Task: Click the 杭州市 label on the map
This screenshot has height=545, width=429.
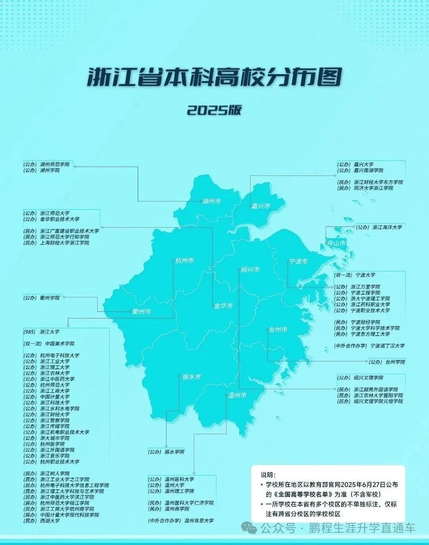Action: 185,261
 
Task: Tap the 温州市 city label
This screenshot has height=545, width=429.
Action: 237,395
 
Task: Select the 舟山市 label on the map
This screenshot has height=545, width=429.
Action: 336,243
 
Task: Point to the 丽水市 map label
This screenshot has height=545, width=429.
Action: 191,377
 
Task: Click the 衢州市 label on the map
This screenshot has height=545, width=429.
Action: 142,312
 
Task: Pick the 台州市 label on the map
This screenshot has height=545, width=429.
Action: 278,329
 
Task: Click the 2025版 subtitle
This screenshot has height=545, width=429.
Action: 214,110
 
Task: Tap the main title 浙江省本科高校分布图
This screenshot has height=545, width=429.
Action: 214,77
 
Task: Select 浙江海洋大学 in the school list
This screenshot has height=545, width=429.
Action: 387,227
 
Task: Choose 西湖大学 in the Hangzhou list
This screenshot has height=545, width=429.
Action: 50,520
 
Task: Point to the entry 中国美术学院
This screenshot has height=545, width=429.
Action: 60,343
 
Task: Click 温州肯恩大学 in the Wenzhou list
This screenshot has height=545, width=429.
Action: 199,520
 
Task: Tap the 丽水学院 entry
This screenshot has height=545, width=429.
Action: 174,452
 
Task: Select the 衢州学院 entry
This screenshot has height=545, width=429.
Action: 50,297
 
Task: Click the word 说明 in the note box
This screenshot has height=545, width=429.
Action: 267,475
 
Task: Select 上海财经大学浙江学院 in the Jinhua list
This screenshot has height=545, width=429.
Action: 65,243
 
